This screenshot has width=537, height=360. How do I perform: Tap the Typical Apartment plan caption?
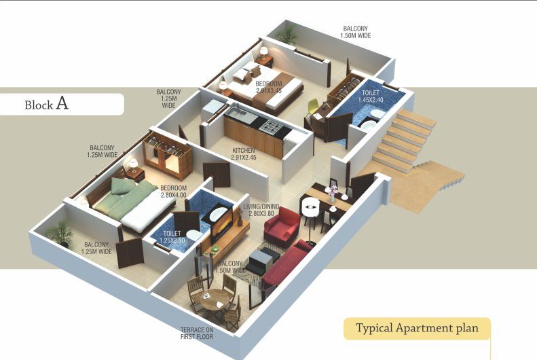point(418,328)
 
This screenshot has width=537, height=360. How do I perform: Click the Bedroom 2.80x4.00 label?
point(175,191)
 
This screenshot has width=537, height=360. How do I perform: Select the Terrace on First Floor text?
point(198,332)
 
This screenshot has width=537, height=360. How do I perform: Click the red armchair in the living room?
point(281,227)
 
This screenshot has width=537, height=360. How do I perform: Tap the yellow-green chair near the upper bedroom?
point(313,107)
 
